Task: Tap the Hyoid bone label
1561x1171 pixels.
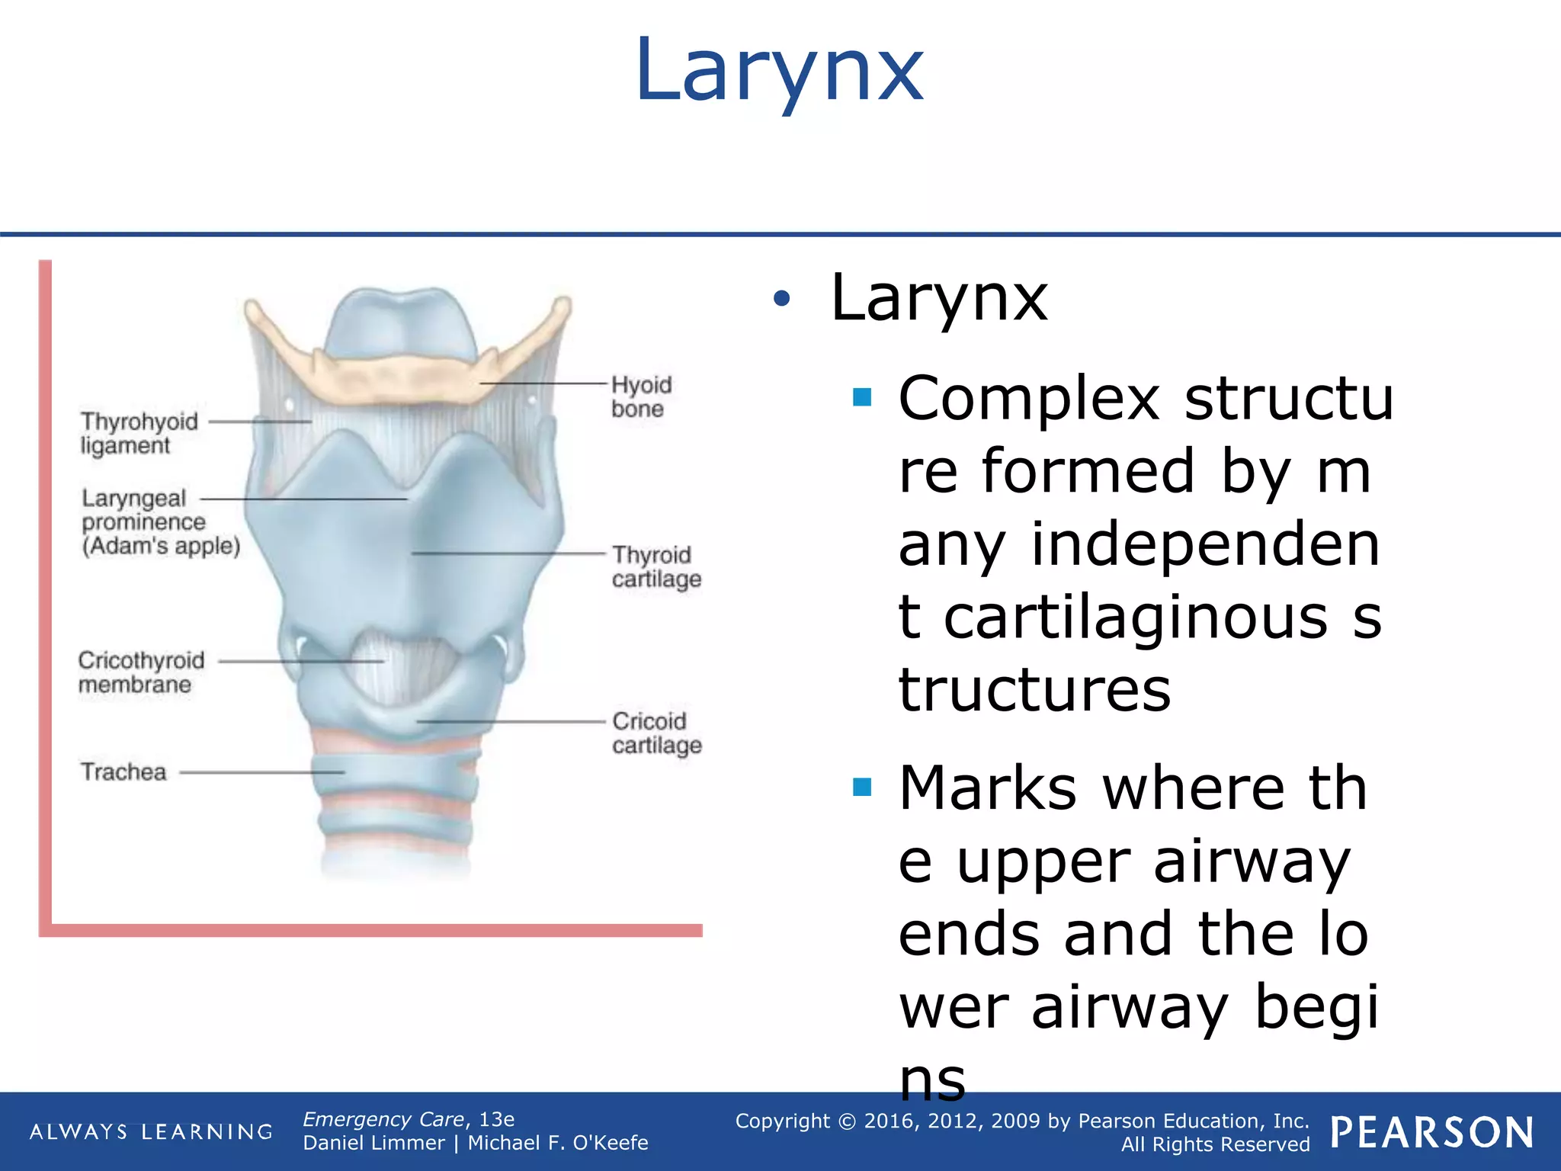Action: click(x=641, y=396)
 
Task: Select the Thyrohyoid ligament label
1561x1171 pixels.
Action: click(x=139, y=433)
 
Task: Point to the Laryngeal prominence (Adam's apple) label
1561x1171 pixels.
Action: click(x=160, y=522)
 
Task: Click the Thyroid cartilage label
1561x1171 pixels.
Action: click(x=656, y=566)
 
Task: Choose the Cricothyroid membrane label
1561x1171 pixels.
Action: click(x=141, y=672)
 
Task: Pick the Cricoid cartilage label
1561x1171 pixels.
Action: click(x=656, y=733)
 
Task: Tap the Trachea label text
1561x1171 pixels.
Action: click(x=123, y=772)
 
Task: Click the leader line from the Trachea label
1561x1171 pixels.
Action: click(x=259, y=772)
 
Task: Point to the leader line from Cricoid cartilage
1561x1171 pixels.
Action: click(x=511, y=721)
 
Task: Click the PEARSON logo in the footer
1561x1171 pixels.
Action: click(x=1432, y=1132)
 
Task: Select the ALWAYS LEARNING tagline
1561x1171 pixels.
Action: click(x=151, y=1131)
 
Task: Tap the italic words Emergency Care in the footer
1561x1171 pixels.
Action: click(x=383, y=1119)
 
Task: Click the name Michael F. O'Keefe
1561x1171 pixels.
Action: click(x=558, y=1143)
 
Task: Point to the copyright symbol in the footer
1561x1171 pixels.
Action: click(x=848, y=1121)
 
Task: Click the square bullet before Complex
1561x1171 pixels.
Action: click(x=862, y=397)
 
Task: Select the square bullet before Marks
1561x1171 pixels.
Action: click(x=862, y=787)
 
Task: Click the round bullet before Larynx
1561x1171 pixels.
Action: click(x=781, y=298)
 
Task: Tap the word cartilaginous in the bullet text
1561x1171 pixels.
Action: click(x=1136, y=617)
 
